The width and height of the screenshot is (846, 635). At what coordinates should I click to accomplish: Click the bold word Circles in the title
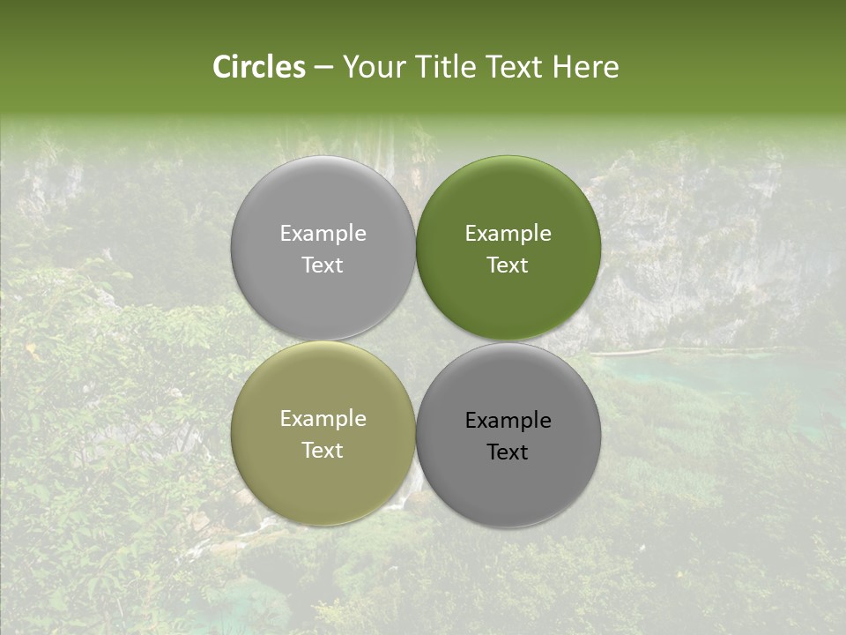coord(259,67)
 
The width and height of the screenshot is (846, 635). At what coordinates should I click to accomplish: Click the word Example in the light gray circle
coord(323,234)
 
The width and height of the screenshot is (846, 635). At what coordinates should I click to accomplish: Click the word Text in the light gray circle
coord(323,265)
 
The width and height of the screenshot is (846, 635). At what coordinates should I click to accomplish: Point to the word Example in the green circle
coord(508,234)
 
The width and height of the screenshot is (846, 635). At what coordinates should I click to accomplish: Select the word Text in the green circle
coord(508,265)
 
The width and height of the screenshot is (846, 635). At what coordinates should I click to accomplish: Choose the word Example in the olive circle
coord(323,419)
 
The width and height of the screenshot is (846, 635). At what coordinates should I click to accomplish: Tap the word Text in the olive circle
coord(323,451)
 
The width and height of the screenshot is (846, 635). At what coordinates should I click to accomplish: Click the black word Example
coord(508,421)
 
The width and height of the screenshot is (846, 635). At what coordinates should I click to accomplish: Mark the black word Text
coord(508,452)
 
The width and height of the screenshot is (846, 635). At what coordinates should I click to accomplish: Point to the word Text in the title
coord(516,67)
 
